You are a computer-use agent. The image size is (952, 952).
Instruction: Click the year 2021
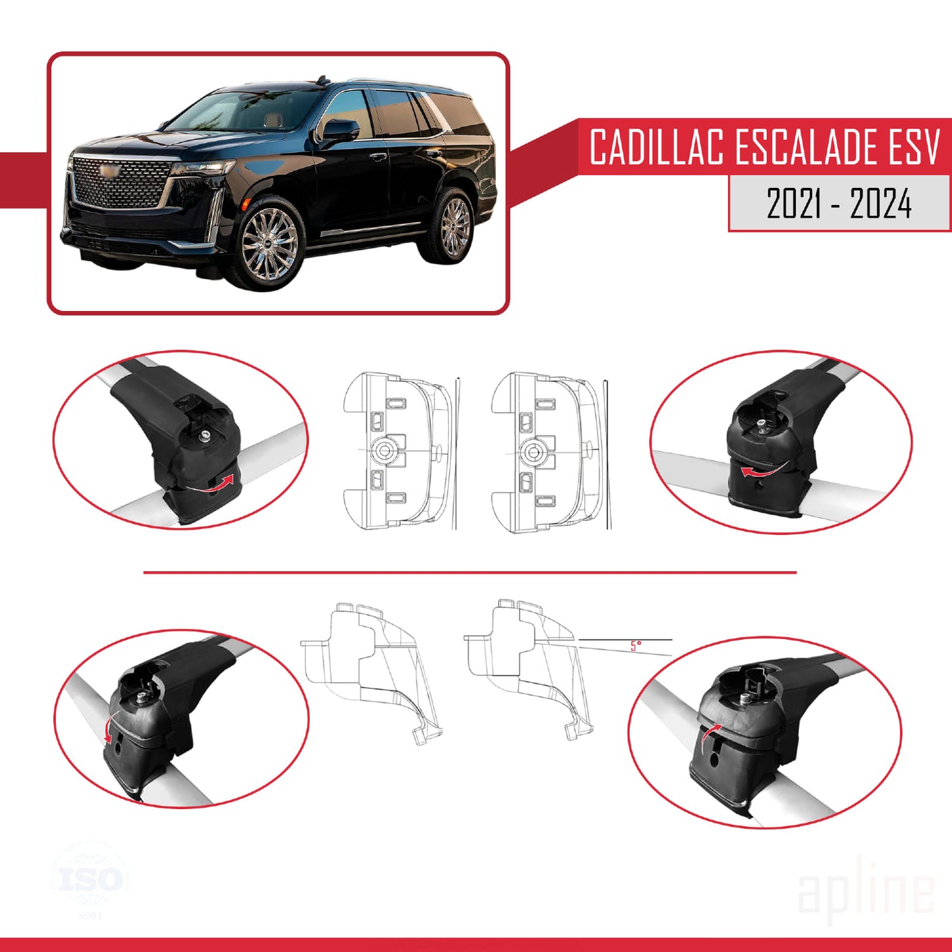click(x=793, y=204)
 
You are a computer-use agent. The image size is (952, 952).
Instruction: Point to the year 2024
click(x=880, y=204)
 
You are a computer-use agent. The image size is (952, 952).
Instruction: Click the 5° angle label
click(x=635, y=646)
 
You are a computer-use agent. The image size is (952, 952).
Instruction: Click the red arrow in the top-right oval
click(x=759, y=470)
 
